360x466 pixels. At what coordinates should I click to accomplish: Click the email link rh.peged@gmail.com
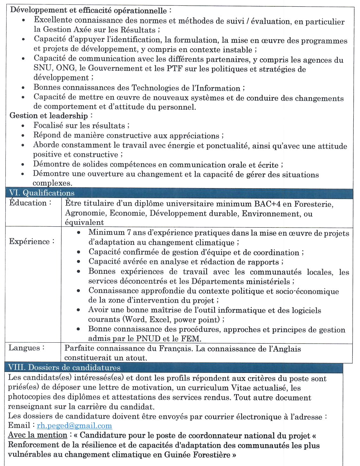(x=74, y=426)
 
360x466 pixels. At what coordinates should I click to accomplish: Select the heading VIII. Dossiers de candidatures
(x=64, y=368)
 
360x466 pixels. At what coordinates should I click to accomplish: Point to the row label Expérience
(x=32, y=241)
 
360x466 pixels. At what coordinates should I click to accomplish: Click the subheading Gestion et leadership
(x=49, y=115)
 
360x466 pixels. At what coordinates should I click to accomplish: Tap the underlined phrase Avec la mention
(x=38, y=435)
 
